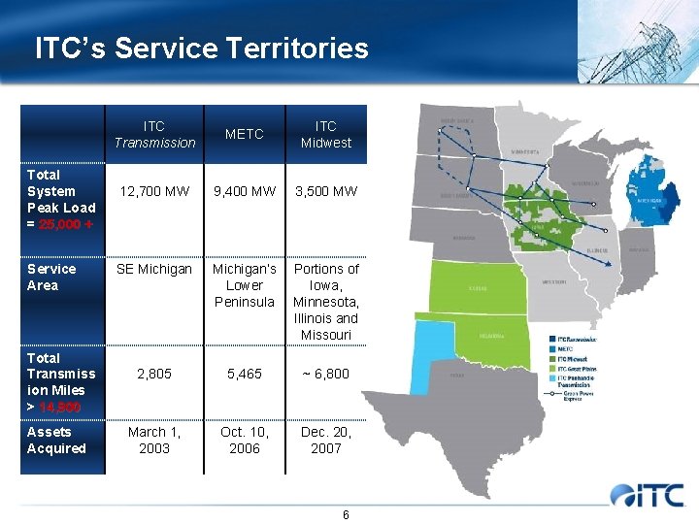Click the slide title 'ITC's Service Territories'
coord(202,49)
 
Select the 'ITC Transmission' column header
coord(154,134)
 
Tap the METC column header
coord(245,134)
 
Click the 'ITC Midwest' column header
coord(326,134)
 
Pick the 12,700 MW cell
coord(154,191)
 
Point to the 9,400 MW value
coord(245,191)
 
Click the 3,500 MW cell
coord(326,191)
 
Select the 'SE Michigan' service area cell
coord(154,269)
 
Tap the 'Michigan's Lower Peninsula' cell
coord(245,285)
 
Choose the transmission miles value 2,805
coord(154,374)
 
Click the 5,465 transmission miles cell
coord(245,374)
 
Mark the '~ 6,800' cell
coord(326,374)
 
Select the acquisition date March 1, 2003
coord(154,440)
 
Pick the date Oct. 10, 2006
coord(245,440)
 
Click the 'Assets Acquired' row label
coord(56,440)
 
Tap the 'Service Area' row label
coord(51,277)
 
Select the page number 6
coord(346,514)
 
